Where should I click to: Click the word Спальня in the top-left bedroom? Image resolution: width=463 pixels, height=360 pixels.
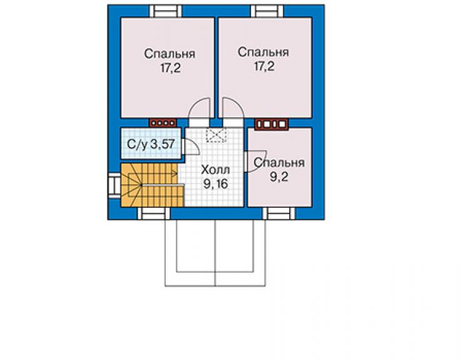tap(170, 54)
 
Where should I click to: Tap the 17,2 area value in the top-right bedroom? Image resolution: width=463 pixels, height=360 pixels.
tap(264, 66)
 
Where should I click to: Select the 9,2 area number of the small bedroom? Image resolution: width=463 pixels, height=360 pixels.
tap(279, 177)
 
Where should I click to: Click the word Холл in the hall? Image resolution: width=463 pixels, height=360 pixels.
tap(215, 170)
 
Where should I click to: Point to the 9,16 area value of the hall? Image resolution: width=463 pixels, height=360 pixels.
tap(216, 184)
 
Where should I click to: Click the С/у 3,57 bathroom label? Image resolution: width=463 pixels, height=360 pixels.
tap(151, 145)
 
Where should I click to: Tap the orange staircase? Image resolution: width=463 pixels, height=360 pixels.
tap(153, 185)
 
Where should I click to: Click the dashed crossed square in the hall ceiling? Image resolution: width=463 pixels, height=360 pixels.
tap(216, 135)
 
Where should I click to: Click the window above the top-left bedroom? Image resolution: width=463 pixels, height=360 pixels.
tap(165, 11)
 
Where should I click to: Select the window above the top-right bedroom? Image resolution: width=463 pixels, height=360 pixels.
tap(267, 11)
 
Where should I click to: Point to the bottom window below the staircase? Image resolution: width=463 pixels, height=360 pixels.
tap(154, 213)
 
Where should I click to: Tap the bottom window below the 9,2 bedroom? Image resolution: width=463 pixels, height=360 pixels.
tap(279, 213)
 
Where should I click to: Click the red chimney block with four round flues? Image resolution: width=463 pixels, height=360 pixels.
tap(163, 123)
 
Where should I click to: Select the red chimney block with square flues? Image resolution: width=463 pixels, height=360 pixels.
tap(272, 124)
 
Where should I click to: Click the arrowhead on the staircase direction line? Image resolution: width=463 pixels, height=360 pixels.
tap(175, 174)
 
